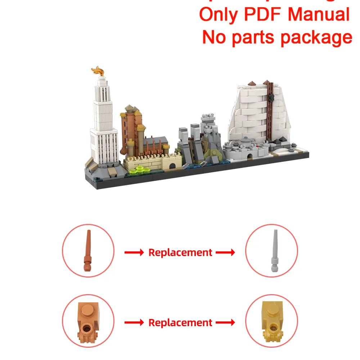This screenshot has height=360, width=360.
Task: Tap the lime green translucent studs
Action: [141, 170]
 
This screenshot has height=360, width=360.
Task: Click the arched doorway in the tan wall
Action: [172, 165]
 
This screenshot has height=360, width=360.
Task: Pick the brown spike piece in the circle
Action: [88, 251]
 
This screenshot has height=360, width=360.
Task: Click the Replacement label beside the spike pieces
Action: [180, 252]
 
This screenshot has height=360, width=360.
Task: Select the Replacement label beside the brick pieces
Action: [180, 323]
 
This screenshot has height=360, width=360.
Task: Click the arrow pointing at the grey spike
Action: [225, 253]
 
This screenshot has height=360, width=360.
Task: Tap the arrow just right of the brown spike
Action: [134, 253]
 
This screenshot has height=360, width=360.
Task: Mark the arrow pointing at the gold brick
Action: [225, 323]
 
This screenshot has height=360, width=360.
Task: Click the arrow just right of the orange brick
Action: [134, 323]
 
